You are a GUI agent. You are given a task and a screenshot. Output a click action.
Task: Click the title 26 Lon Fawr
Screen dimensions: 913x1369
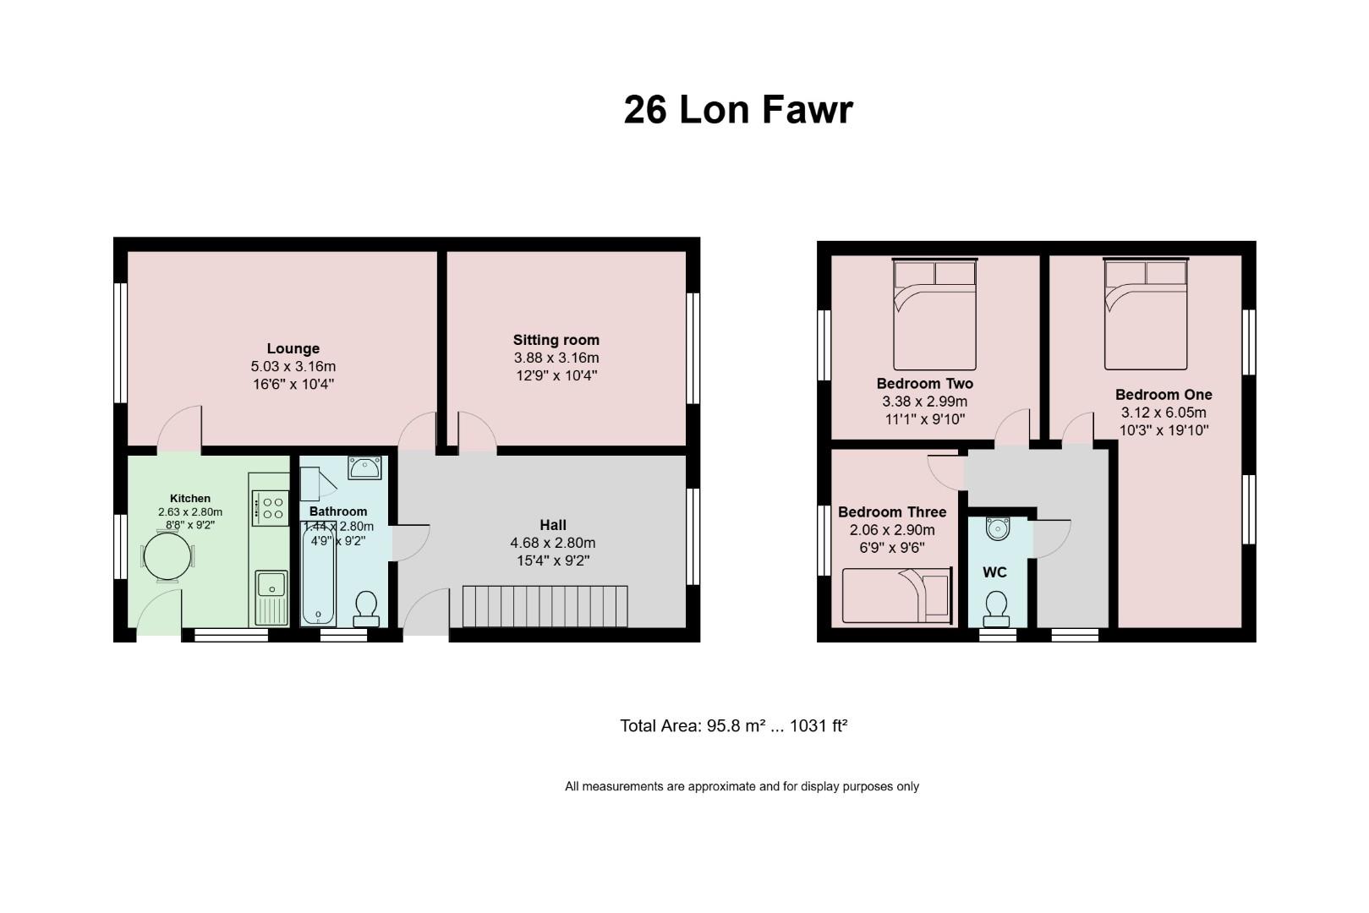(x=738, y=110)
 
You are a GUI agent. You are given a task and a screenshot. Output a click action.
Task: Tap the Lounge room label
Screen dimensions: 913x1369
(x=293, y=348)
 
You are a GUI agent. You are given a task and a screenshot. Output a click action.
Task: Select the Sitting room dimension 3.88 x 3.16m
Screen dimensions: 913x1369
(x=556, y=358)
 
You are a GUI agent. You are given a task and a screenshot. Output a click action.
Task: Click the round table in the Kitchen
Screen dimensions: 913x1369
(x=167, y=557)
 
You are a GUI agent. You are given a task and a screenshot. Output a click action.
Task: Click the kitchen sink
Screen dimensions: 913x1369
(x=271, y=583)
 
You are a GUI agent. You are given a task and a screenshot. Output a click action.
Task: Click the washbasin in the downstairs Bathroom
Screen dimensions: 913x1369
(x=364, y=467)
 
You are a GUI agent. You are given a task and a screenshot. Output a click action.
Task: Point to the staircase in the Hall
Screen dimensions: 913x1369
(x=545, y=606)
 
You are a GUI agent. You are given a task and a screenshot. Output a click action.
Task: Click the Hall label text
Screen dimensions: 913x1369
(x=553, y=525)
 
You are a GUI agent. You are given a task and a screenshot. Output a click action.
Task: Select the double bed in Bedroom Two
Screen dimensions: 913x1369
(x=934, y=314)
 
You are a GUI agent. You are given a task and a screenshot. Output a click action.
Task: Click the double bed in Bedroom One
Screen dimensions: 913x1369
(x=1145, y=314)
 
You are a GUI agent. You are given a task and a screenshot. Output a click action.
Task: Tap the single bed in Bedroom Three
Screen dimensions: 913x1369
(x=896, y=596)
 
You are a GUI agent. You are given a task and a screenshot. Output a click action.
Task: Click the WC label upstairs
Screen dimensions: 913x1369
(x=994, y=572)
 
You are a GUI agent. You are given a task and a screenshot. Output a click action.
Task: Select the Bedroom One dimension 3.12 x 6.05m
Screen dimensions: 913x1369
(x=1164, y=413)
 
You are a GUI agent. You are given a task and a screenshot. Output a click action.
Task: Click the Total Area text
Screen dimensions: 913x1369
(x=733, y=725)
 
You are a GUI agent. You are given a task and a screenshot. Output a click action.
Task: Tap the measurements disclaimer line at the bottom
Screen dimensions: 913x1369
(x=742, y=786)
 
